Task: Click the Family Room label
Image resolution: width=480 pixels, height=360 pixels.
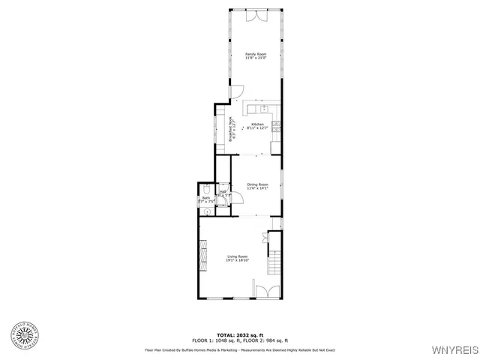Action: pos(256,56)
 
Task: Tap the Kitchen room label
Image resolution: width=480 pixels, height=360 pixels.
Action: pos(257,126)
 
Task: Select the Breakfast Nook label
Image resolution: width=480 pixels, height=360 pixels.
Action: pos(233,130)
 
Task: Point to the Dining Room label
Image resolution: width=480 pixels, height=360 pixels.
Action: pos(256,186)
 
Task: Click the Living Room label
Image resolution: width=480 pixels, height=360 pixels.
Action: pos(238,259)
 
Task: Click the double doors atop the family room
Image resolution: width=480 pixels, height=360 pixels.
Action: pos(257,15)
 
